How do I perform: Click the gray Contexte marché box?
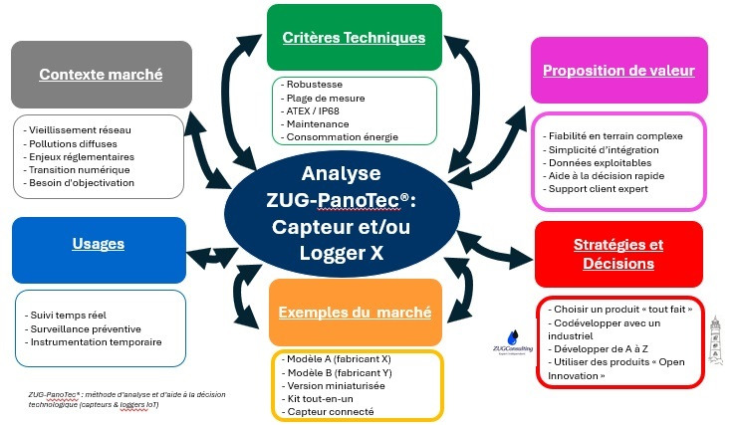(x=102, y=74)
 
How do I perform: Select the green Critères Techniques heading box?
(x=355, y=38)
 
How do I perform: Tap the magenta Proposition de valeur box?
(x=618, y=71)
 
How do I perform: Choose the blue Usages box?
(x=99, y=244)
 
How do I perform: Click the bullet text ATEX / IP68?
(x=313, y=110)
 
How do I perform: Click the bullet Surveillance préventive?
(x=87, y=328)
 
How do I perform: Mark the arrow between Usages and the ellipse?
(x=210, y=258)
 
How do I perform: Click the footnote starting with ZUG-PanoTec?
(x=100, y=399)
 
